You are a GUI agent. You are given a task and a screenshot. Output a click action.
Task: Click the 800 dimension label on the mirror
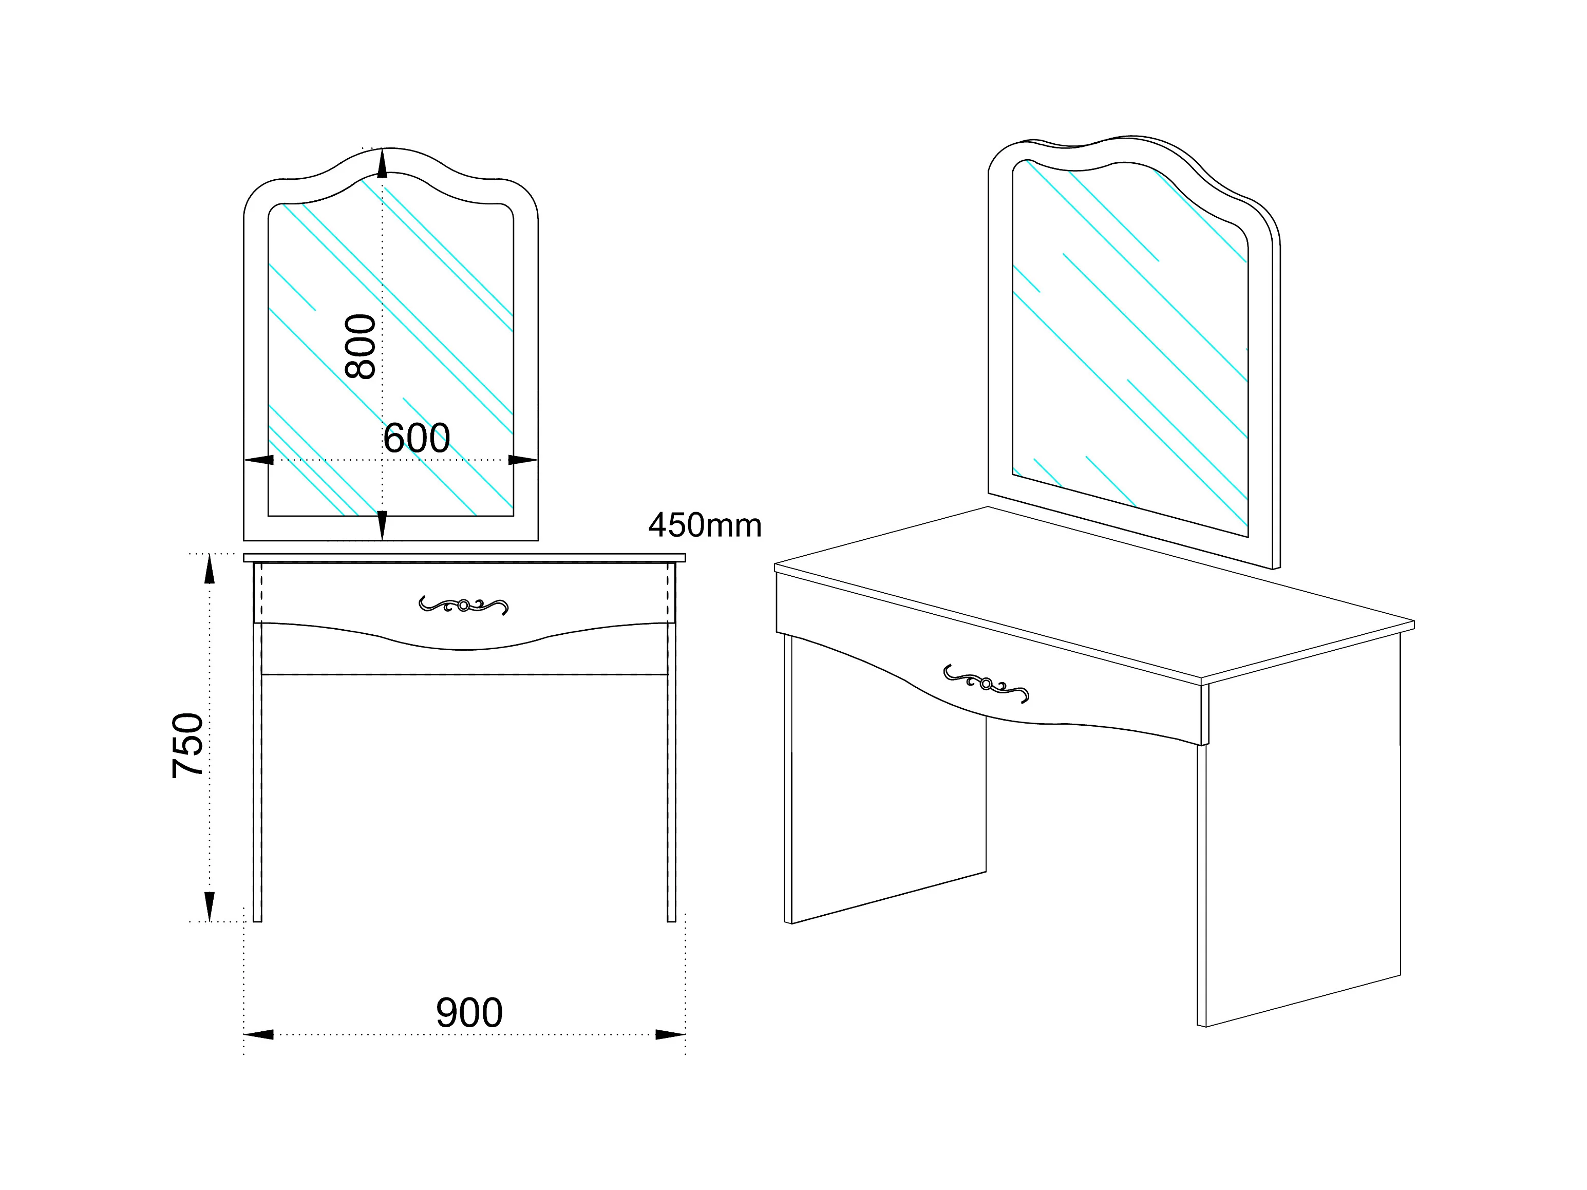coord(360,347)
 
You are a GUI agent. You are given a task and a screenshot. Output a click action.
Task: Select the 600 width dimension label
coord(416,438)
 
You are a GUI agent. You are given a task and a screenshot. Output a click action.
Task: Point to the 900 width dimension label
coord(469,1013)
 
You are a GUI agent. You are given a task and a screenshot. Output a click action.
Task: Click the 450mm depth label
coord(705,526)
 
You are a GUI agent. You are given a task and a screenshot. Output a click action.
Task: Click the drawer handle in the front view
coord(463,606)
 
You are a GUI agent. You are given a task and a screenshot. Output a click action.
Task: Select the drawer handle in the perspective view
coord(986,684)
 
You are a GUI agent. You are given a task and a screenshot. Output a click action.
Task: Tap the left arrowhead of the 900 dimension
coord(259,1034)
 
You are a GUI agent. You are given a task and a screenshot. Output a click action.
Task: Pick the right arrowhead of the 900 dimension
coord(670,1034)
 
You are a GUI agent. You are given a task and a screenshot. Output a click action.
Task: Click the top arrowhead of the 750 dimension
coord(210,570)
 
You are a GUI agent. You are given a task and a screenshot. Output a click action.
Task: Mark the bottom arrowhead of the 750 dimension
coord(210,906)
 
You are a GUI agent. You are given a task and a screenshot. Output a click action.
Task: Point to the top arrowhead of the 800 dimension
coord(383,163)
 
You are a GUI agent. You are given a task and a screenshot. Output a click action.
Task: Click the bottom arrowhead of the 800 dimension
coord(383,525)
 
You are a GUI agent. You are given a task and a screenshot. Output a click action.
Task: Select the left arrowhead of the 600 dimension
coord(259,460)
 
